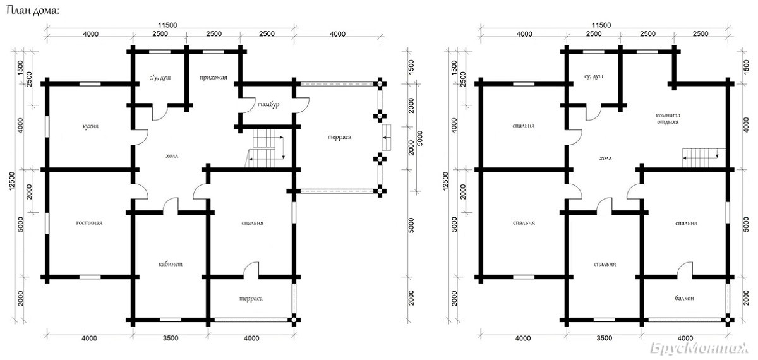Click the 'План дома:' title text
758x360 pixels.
click(x=33, y=11)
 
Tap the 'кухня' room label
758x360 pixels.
click(x=90, y=126)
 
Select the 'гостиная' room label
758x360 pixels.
click(x=89, y=222)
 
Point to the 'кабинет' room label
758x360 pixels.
click(x=171, y=264)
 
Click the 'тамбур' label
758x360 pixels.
click(x=268, y=104)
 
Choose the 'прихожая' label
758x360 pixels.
click(x=214, y=78)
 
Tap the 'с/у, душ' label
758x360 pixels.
click(x=160, y=78)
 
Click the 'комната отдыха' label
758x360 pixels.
click(x=668, y=119)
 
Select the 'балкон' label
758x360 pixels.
click(x=685, y=298)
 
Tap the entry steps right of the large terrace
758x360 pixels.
click(x=387, y=138)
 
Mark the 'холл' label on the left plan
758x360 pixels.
click(x=172, y=155)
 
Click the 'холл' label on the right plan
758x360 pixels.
click(x=605, y=158)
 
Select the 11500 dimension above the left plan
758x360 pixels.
click(x=167, y=25)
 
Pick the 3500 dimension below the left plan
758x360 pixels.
click(x=170, y=338)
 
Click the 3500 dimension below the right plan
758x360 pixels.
click(x=605, y=338)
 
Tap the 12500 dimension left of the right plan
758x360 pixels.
click(x=445, y=181)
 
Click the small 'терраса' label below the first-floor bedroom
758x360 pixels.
click(x=251, y=298)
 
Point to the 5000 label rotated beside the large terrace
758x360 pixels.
click(x=420, y=138)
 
